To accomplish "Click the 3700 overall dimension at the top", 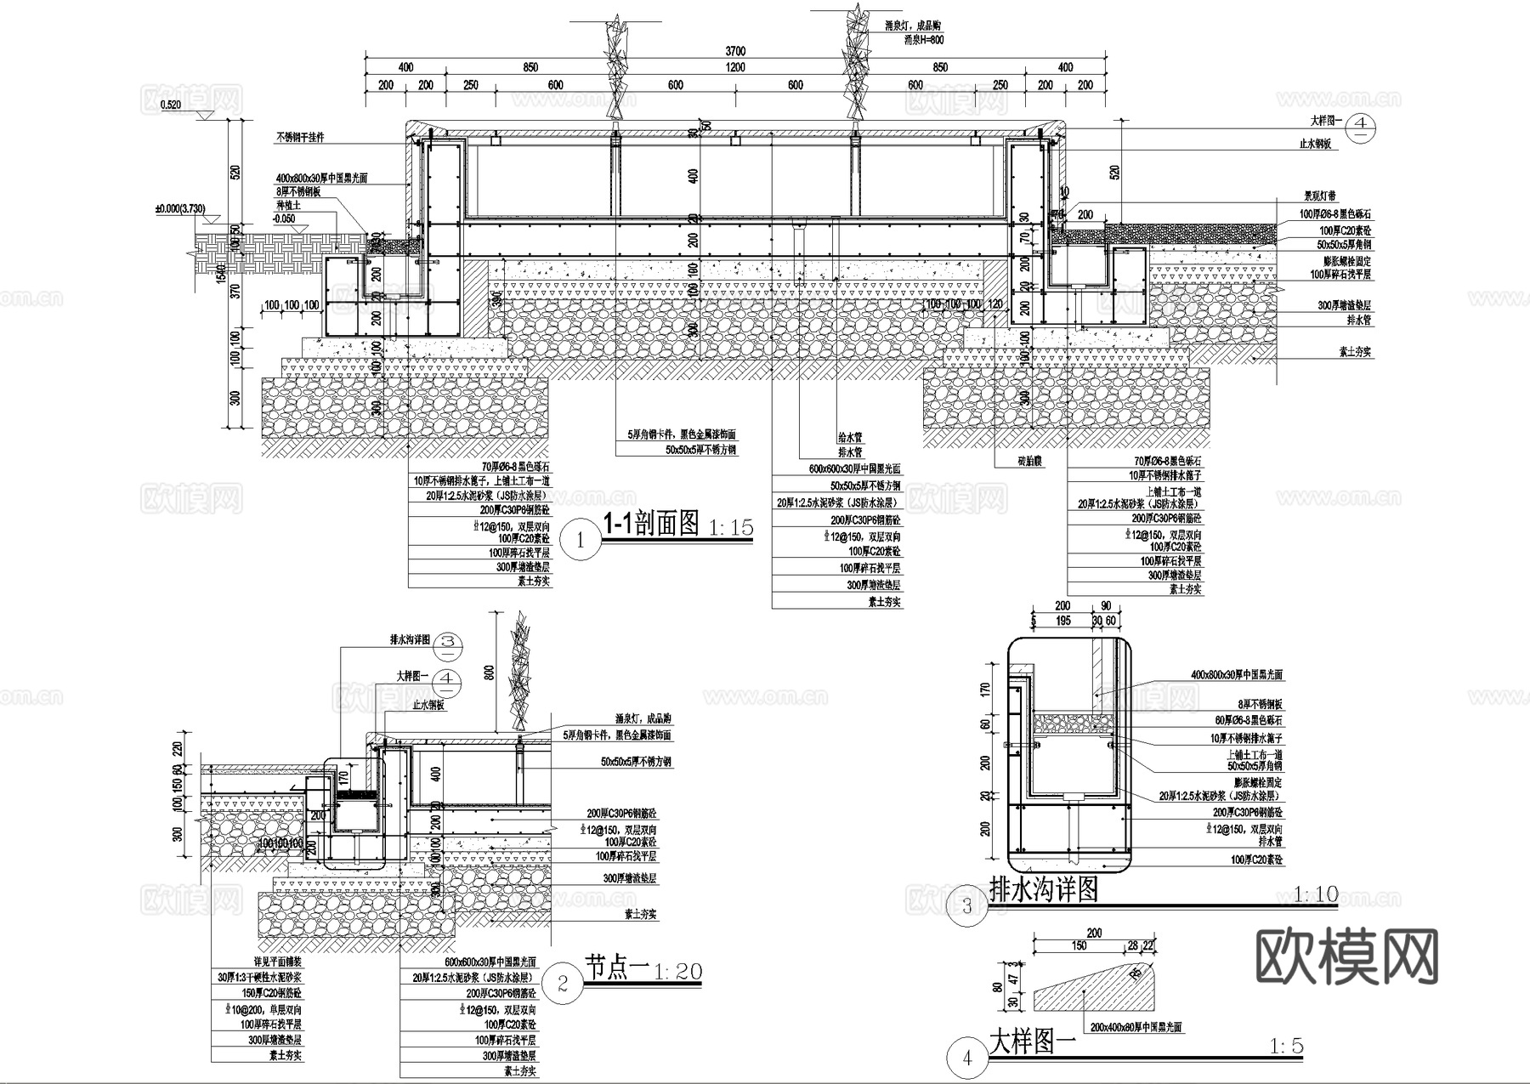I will (x=735, y=51).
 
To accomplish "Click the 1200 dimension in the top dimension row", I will (x=735, y=68).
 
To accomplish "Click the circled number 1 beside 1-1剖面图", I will (x=581, y=539).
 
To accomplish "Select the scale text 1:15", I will (x=729, y=528).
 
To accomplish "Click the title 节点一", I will (x=616, y=968).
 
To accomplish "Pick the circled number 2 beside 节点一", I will (x=563, y=985).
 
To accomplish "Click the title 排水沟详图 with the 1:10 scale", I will (x=1044, y=889).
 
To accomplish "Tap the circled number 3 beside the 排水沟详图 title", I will (x=967, y=905).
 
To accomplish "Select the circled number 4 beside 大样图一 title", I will (x=967, y=1058).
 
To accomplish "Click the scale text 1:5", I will (x=1285, y=1047).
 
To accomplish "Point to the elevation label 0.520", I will (x=170, y=105).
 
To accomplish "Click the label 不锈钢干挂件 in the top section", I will (x=299, y=137).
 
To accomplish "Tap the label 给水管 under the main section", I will (x=850, y=438).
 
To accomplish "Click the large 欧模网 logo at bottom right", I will (x=1347, y=957).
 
